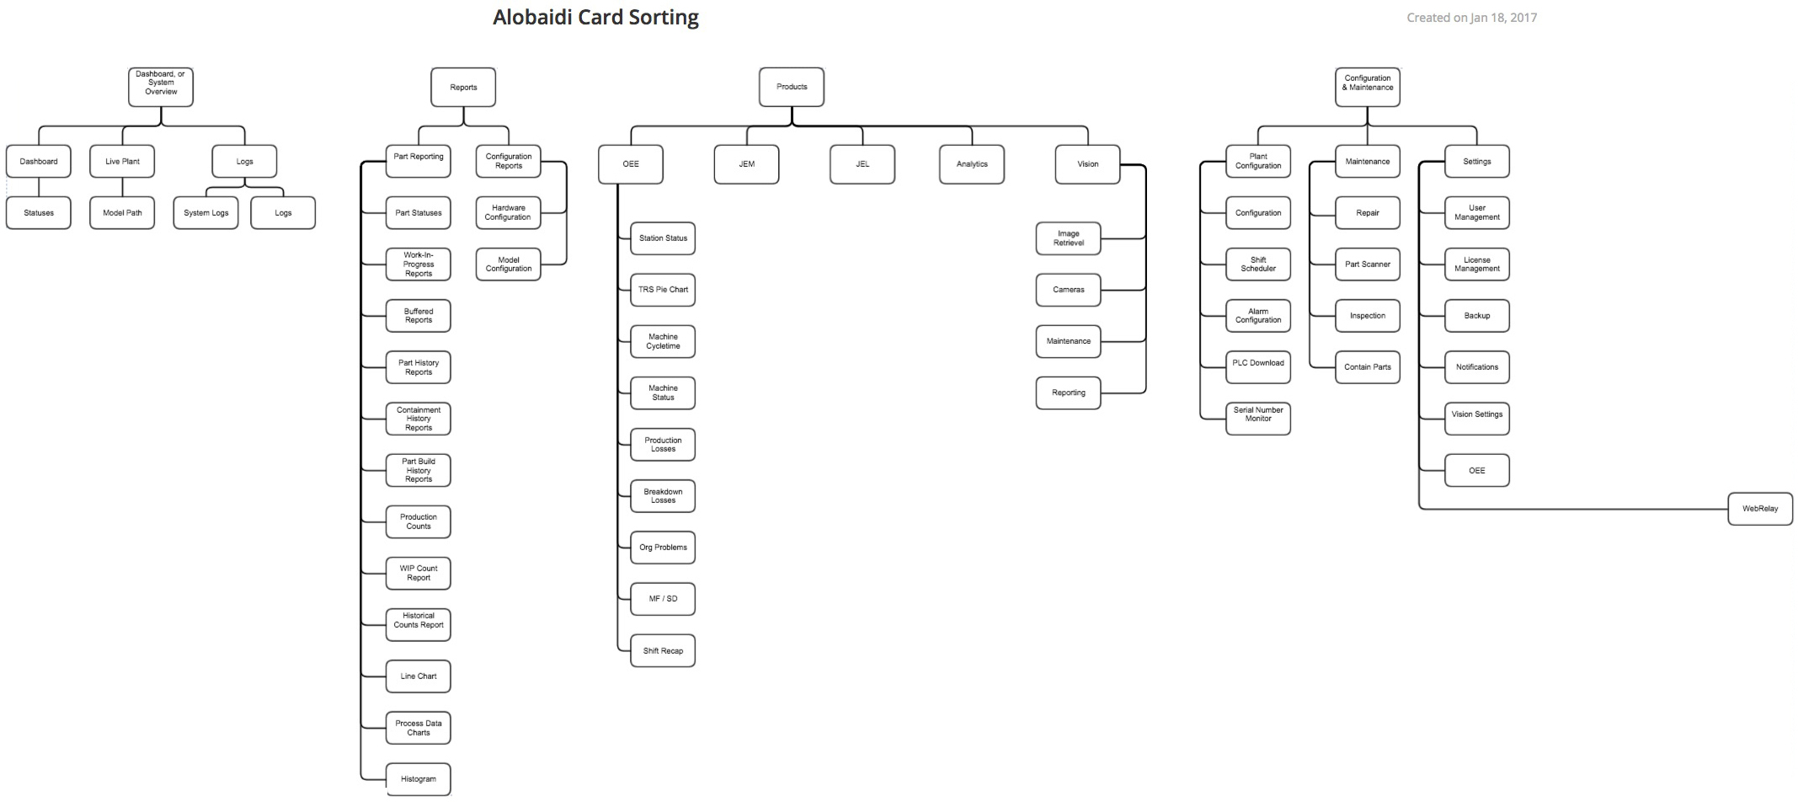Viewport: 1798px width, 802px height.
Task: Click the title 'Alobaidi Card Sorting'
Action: [595, 18]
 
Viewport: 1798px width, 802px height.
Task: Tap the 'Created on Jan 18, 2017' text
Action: [1471, 18]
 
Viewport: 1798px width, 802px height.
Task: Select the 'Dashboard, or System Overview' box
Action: [161, 87]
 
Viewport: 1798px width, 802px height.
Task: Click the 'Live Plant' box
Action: [122, 162]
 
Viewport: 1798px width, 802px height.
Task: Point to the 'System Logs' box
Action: [206, 213]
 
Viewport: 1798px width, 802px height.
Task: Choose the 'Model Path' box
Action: [122, 213]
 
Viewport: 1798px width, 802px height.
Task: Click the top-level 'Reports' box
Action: [463, 88]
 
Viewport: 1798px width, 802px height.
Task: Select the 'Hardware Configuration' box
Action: [508, 213]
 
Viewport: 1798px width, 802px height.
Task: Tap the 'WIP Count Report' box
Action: [419, 574]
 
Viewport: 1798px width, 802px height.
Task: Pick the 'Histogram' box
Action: [419, 779]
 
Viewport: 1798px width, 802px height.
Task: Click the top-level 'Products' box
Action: [792, 87]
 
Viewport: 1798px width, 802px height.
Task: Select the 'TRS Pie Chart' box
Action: [663, 290]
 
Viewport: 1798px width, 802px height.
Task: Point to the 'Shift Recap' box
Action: [663, 651]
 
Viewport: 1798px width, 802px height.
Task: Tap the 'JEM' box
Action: [746, 164]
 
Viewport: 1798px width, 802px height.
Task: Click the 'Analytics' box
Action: [972, 164]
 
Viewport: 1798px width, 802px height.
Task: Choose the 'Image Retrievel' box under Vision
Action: [1068, 238]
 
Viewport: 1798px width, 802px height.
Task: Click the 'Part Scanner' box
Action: [1368, 265]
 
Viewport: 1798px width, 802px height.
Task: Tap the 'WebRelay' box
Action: [1760, 509]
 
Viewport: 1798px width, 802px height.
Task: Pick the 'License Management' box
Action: [1477, 265]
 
